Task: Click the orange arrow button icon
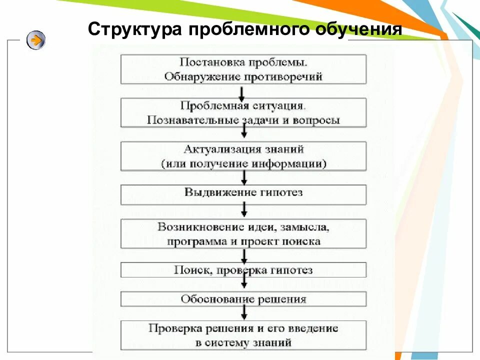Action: click(36, 39)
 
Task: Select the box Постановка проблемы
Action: click(243, 69)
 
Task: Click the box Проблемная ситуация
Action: click(243, 113)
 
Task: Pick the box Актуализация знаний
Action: click(243, 156)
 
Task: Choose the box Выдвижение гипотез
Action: click(243, 193)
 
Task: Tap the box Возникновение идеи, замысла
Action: click(243, 234)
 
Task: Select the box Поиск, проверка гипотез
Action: click(243, 270)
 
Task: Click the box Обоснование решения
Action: click(243, 299)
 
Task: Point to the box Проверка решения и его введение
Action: click(243, 335)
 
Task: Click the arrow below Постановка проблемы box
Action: click(242, 92)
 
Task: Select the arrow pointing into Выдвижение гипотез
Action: click(244, 178)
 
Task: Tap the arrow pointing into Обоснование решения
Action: click(244, 284)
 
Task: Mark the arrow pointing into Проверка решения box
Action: click(244, 313)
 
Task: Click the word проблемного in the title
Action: click(253, 29)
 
